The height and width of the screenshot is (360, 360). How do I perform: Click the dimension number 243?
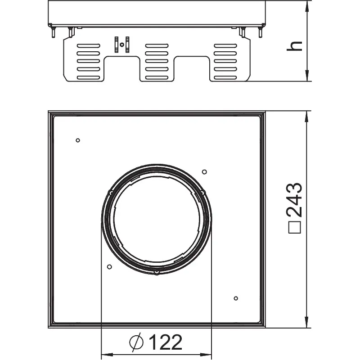pos(295,200)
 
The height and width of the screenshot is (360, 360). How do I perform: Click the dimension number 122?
pos(166,342)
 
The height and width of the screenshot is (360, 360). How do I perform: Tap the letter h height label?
pos(294,46)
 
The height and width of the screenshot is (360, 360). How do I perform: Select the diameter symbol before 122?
pos(136,342)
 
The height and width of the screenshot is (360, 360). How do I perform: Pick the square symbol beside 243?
pos(295,227)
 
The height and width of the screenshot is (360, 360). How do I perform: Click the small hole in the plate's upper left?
pos(78,140)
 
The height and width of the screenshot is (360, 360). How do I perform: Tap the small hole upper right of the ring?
pos(204,172)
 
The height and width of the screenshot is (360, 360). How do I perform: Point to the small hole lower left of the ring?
pos(109,267)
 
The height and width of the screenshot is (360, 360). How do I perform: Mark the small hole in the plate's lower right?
pos(236,298)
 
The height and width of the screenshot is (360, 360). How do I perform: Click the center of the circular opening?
pos(157,219)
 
